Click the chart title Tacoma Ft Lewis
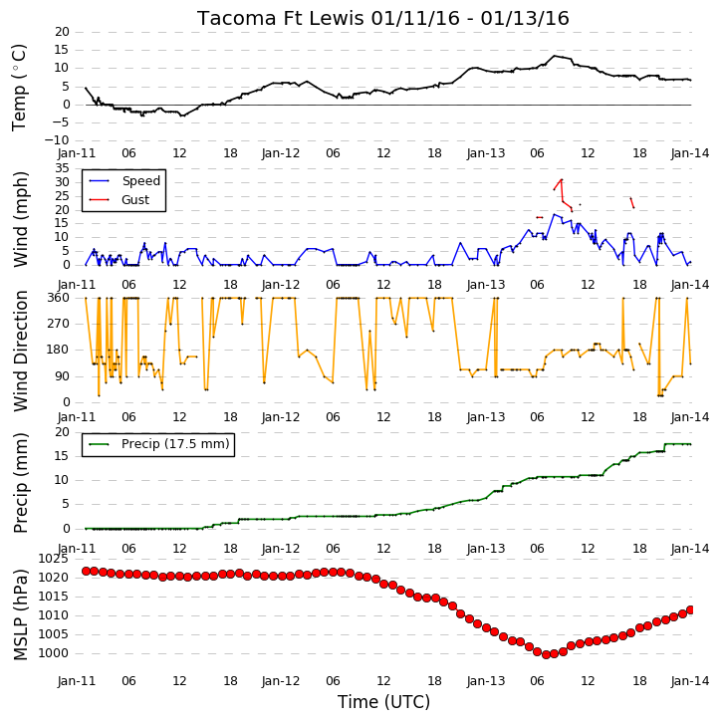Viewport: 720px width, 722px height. pyautogui.click(x=281, y=18)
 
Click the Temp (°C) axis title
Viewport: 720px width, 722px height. pyautogui.click(x=19, y=88)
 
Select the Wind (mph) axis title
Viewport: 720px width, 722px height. pyautogui.click(x=20, y=219)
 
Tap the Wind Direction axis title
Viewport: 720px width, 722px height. pyautogui.click(x=20, y=351)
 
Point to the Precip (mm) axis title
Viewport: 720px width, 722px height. pyautogui.click(x=20, y=483)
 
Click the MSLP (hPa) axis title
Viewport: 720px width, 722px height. pyautogui.click(x=20, y=614)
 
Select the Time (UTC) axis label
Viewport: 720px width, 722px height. pyautogui.click(x=383, y=702)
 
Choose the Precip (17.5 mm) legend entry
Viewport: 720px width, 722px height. pyautogui.click(x=158, y=444)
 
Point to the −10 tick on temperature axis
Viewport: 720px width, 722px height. pyautogui.click(x=57, y=140)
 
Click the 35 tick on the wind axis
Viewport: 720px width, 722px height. pyautogui.click(x=62, y=168)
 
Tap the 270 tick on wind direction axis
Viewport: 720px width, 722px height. pyautogui.click(x=59, y=324)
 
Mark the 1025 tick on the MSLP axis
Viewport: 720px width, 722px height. pyautogui.click(x=54, y=559)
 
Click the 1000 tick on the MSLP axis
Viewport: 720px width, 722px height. pyautogui.click(x=54, y=653)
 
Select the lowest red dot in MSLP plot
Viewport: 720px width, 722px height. pyautogui.click(x=546, y=654)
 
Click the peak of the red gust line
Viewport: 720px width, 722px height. pyautogui.click(x=562, y=179)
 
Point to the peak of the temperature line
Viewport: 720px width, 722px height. pyautogui.click(x=555, y=56)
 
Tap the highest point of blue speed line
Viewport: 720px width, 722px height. pyautogui.click(x=555, y=214)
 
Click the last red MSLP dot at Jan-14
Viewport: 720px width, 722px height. pyautogui.click(x=690, y=610)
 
